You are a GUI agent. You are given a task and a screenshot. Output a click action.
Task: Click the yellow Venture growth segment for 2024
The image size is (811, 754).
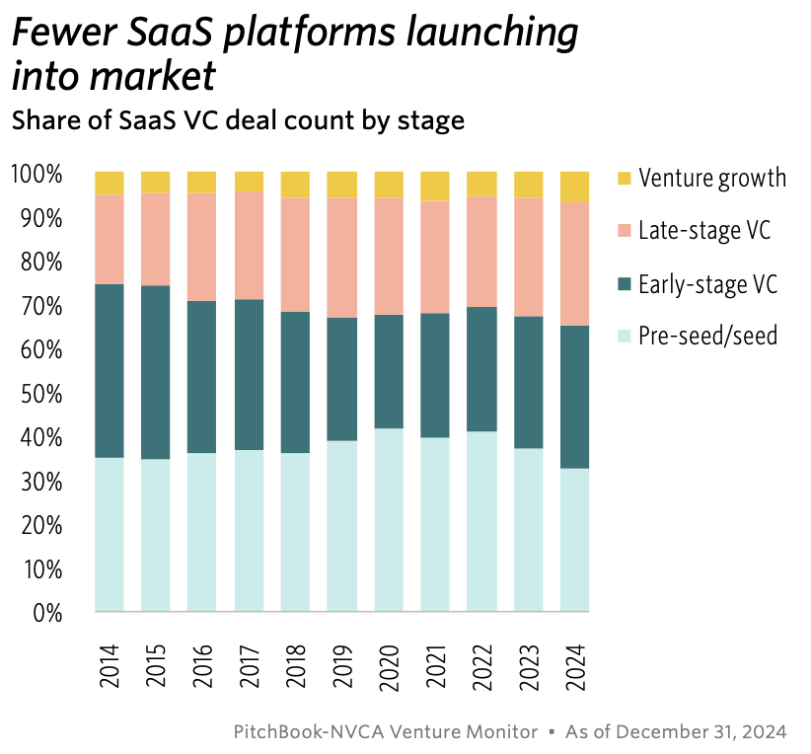pyautogui.click(x=574, y=187)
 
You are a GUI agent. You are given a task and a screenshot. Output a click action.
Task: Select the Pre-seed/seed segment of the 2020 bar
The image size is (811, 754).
pyautogui.click(x=389, y=520)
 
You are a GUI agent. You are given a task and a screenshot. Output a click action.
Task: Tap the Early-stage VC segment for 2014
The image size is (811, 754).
pyautogui.click(x=110, y=371)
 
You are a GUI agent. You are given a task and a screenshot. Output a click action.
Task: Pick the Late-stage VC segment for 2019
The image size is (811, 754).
pyautogui.click(x=341, y=258)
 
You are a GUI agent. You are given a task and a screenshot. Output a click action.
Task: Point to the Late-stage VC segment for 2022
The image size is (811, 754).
pyautogui.click(x=481, y=252)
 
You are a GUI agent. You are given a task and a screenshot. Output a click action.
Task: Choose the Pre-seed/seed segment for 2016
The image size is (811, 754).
pyautogui.click(x=202, y=533)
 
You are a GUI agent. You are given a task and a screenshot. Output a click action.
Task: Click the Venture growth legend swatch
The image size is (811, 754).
pyautogui.click(x=623, y=179)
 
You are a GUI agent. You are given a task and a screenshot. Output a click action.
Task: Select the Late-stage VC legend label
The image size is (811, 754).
pyautogui.click(x=704, y=231)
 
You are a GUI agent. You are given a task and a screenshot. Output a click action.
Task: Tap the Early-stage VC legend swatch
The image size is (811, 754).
pyautogui.click(x=623, y=284)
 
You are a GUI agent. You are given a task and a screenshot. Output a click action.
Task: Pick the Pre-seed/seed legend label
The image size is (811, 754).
pyautogui.click(x=707, y=337)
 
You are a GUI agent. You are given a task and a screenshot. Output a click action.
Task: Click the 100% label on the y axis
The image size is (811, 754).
pyautogui.click(x=37, y=175)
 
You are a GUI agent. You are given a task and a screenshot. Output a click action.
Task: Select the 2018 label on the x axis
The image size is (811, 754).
pyautogui.click(x=295, y=668)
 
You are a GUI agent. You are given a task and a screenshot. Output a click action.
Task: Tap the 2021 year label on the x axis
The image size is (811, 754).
pyautogui.click(x=435, y=668)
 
